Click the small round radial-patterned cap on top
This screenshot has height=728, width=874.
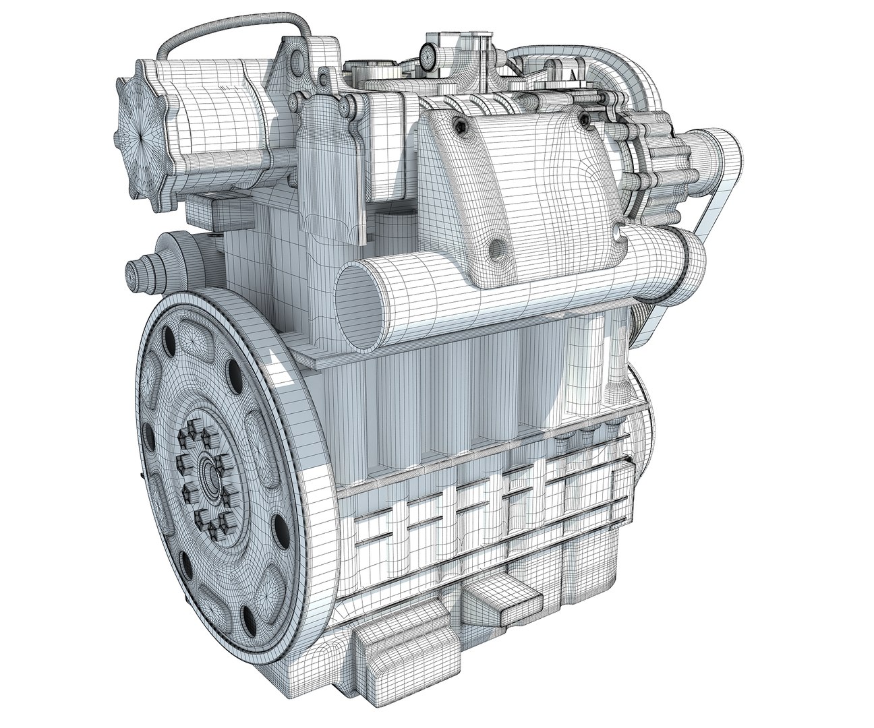pos(427,53)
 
